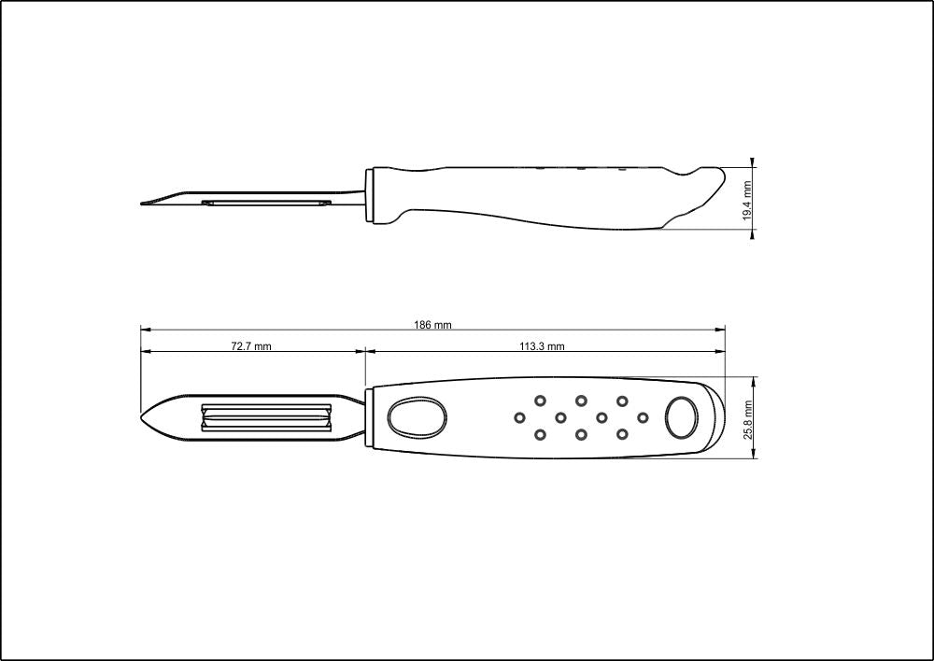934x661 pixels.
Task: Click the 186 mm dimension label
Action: click(x=432, y=325)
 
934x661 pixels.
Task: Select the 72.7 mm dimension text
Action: click(x=251, y=346)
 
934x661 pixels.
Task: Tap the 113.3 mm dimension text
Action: click(x=542, y=346)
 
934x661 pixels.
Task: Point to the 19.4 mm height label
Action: click(x=747, y=200)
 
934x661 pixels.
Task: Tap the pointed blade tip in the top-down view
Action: click(x=145, y=416)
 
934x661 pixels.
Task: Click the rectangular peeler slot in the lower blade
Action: click(x=265, y=417)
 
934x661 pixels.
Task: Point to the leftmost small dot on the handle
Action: click(x=520, y=416)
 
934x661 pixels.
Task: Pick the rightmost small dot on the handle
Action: click(x=643, y=416)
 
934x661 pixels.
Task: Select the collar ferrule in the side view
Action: click(x=372, y=195)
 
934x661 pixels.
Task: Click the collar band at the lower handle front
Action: click(x=370, y=417)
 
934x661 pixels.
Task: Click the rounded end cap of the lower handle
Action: click(x=715, y=417)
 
